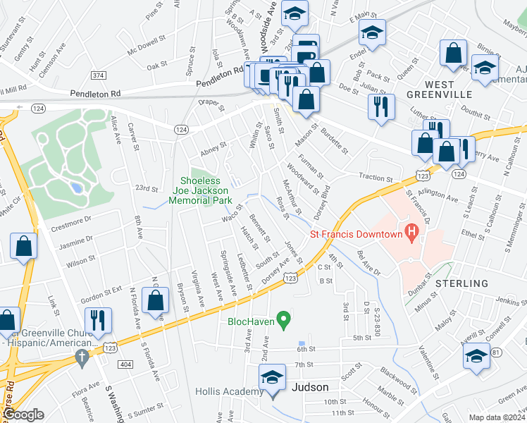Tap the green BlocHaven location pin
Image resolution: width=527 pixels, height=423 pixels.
pos(284,321)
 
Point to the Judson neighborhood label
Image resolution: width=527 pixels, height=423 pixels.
pos(311,387)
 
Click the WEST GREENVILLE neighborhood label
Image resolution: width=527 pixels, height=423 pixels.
pos(439,90)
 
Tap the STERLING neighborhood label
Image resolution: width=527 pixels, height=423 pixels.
pos(461,283)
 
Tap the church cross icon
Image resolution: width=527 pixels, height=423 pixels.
pos(82,356)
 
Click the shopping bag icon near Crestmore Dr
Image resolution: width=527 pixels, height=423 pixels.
pos(24,247)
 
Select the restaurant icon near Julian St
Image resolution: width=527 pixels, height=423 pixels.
pos(381,107)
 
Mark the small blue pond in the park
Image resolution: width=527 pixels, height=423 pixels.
pos(75,188)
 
